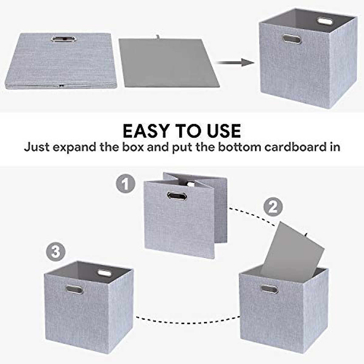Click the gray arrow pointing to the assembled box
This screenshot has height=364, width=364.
(x=235, y=63)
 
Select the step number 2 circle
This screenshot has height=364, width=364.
(x=273, y=207)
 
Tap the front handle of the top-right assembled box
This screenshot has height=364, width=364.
(x=292, y=39)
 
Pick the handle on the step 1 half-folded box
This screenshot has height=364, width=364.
(x=177, y=196)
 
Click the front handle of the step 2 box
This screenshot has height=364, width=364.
(x=269, y=289)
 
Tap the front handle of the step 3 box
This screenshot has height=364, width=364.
(x=74, y=289)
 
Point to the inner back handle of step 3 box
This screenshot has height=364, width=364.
(x=104, y=273)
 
